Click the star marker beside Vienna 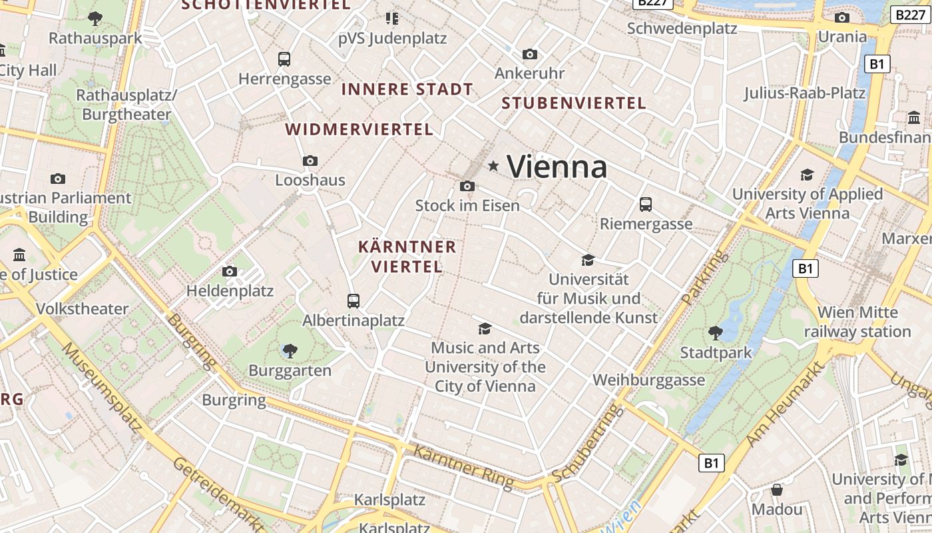(x=493, y=166)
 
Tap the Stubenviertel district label (x=574, y=103)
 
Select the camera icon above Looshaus (x=310, y=161)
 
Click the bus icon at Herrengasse (x=284, y=59)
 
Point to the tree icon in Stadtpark (x=716, y=332)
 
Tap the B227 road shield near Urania (x=910, y=15)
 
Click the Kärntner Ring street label (x=463, y=466)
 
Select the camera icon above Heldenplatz (x=230, y=271)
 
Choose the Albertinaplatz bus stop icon (x=353, y=301)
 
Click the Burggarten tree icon (x=290, y=350)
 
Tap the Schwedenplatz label (x=682, y=29)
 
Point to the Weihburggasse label (x=648, y=380)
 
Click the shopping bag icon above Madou (x=776, y=490)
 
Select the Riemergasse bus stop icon (x=645, y=205)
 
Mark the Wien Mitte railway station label (x=857, y=322)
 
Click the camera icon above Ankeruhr (x=530, y=54)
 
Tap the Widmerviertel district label (x=359, y=129)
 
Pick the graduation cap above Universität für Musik (x=588, y=260)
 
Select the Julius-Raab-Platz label (x=804, y=93)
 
